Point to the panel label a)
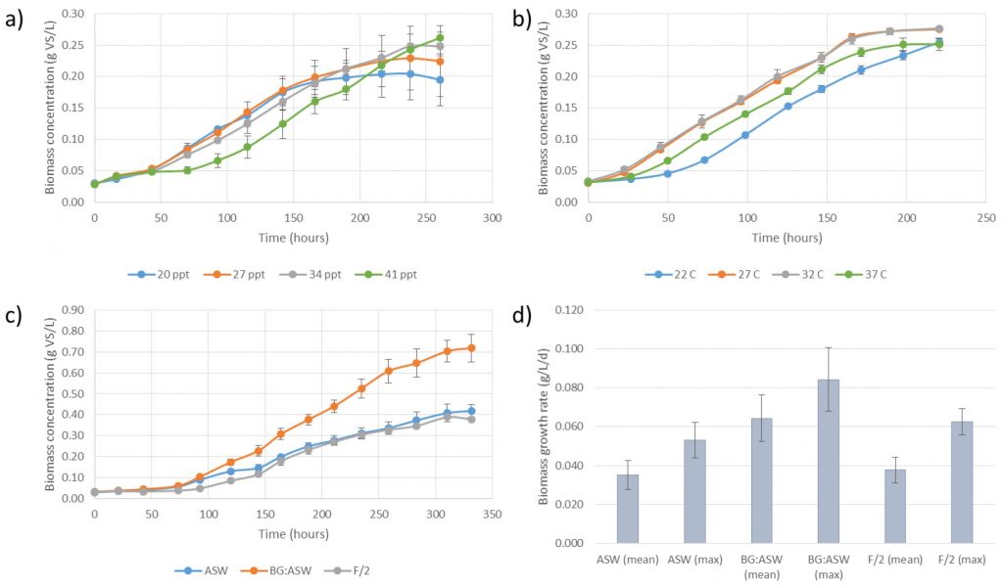[15, 16]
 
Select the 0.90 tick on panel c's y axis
[72, 310]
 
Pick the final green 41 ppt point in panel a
[440, 38]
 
